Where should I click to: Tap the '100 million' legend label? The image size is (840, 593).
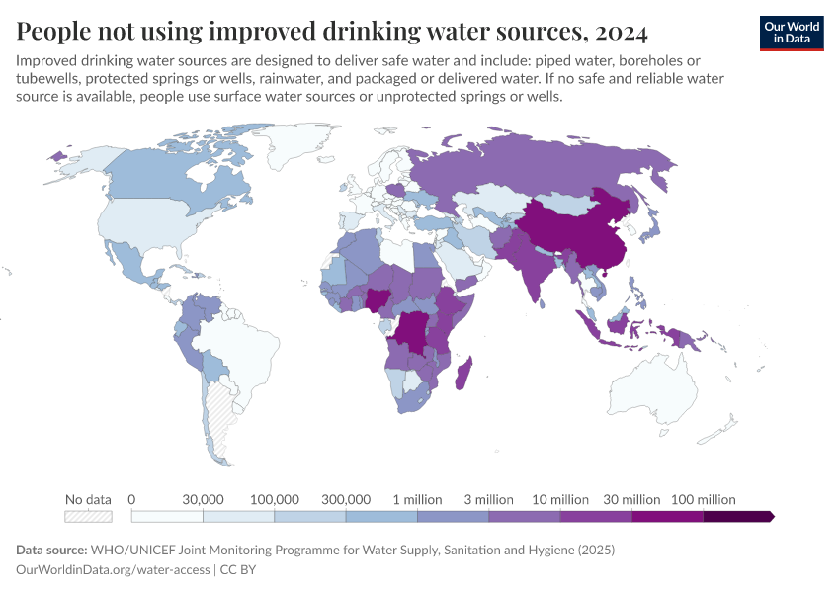[703, 499]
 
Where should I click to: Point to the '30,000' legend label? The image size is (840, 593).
[203, 499]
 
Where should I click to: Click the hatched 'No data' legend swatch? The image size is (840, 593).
[88, 516]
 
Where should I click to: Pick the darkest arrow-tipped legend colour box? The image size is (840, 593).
[737, 516]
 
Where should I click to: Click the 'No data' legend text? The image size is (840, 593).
[88, 499]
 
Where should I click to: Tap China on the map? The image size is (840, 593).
[573, 232]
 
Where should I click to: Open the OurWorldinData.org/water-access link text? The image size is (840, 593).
[113, 570]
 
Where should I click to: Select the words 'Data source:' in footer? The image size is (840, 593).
[51, 550]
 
